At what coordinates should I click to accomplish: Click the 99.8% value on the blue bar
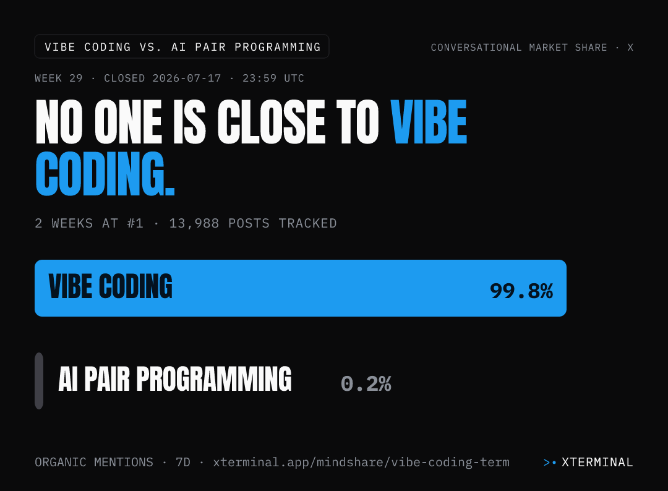pyautogui.click(x=521, y=291)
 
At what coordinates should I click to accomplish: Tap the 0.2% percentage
pyautogui.click(x=366, y=383)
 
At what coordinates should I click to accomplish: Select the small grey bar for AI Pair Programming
pyautogui.click(x=39, y=381)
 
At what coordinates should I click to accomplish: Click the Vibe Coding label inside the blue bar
pyautogui.click(x=110, y=286)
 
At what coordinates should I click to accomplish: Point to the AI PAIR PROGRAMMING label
pyautogui.click(x=174, y=378)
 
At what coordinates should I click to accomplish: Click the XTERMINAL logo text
pyautogui.click(x=597, y=462)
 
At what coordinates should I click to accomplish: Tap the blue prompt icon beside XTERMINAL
pyautogui.click(x=550, y=463)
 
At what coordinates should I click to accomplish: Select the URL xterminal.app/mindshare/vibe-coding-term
pyautogui.click(x=361, y=463)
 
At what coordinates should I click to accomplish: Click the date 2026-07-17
pyautogui.click(x=187, y=79)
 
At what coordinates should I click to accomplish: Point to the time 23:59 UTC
pyautogui.click(x=273, y=79)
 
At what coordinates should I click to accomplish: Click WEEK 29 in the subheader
pyautogui.click(x=59, y=79)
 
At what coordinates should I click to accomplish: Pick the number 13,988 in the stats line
pyautogui.click(x=194, y=224)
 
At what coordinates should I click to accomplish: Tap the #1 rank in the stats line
pyautogui.click(x=135, y=224)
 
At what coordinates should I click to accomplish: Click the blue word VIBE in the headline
pyautogui.click(x=429, y=122)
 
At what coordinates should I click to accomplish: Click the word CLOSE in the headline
pyautogui.click(x=272, y=122)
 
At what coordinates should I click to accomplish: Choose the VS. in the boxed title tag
pyautogui.click(x=151, y=47)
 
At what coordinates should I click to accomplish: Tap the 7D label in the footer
pyautogui.click(x=182, y=462)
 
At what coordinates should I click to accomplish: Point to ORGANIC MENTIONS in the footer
pyautogui.click(x=94, y=462)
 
